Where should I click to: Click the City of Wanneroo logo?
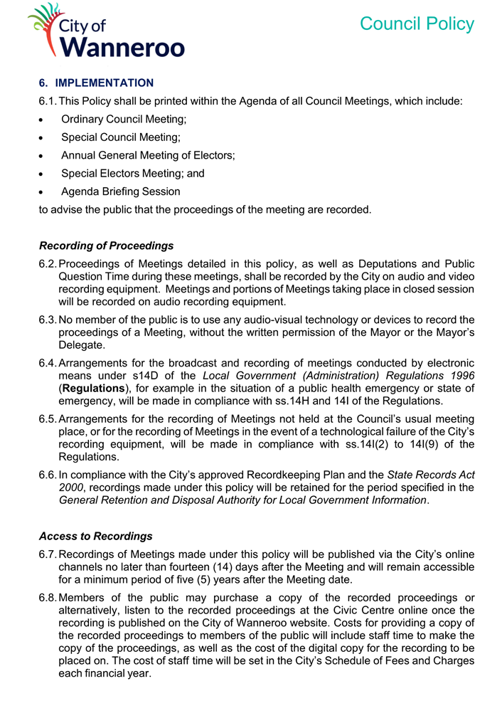[x=107, y=30]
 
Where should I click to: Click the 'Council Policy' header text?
[x=417, y=23]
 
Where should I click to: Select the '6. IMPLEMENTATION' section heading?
[x=96, y=83]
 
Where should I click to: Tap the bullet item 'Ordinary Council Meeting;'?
[x=124, y=120]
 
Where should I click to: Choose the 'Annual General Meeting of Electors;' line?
[x=148, y=155]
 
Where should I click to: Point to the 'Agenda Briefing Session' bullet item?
[x=120, y=191]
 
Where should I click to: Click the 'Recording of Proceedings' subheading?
[x=106, y=246]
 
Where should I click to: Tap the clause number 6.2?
[x=48, y=265]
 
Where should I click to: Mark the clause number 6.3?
[x=48, y=320]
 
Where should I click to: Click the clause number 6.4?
[x=48, y=362]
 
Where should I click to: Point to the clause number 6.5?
[x=48, y=418]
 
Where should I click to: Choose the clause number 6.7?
[x=48, y=554]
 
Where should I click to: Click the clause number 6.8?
[x=48, y=597]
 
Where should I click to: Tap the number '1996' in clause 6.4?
[x=461, y=375]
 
